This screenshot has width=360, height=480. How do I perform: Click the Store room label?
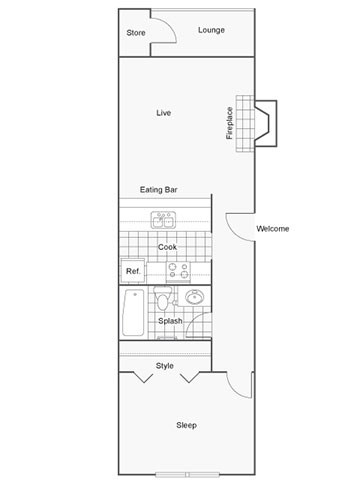pyautogui.click(x=136, y=33)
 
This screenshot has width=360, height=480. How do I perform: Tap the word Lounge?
pyautogui.click(x=211, y=30)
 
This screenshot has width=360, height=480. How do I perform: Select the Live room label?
pyautogui.click(x=164, y=113)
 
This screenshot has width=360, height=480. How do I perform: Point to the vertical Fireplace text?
pyautogui.click(x=229, y=123)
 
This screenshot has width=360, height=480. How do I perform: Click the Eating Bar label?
pyautogui.click(x=158, y=189)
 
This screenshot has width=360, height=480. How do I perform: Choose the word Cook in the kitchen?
pyautogui.click(x=167, y=246)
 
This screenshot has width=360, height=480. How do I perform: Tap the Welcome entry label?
pyautogui.click(x=272, y=229)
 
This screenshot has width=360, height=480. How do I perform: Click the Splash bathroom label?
pyautogui.click(x=170, y=321)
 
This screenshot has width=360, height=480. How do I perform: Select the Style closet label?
pyautogui.click(x=165, y=366)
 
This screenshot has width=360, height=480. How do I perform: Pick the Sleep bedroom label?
pyautogui.click(x=186, y=425)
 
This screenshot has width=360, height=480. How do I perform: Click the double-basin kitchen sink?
pyautogui.click(x=163, y=219)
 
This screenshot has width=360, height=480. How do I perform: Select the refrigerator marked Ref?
pyautogui.click(x=133, y=271)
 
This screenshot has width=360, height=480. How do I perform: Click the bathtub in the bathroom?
pyautogui.click(x=133, y=313)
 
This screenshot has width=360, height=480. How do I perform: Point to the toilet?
pyautogui.click(x=163, y=301)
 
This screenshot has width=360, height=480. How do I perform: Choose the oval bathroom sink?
pyautogui.click(x=194, y=298)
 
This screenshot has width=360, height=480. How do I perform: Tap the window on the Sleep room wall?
pyautogui.click(x=187, y=474)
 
